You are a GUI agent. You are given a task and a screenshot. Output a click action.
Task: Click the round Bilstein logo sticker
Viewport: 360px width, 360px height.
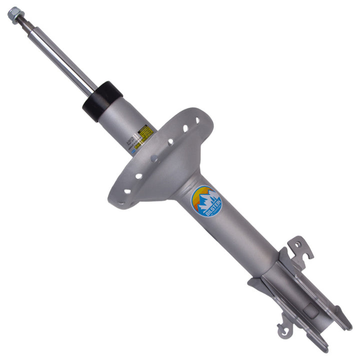[x=206, y=201]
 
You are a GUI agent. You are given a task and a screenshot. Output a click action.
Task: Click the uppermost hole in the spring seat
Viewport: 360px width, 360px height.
[x=196, y=120]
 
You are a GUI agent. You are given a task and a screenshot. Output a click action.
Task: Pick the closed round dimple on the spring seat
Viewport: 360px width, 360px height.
[x=154, y=158]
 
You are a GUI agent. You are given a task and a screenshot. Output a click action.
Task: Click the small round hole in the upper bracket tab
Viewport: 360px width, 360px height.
[x=298, y=244]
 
